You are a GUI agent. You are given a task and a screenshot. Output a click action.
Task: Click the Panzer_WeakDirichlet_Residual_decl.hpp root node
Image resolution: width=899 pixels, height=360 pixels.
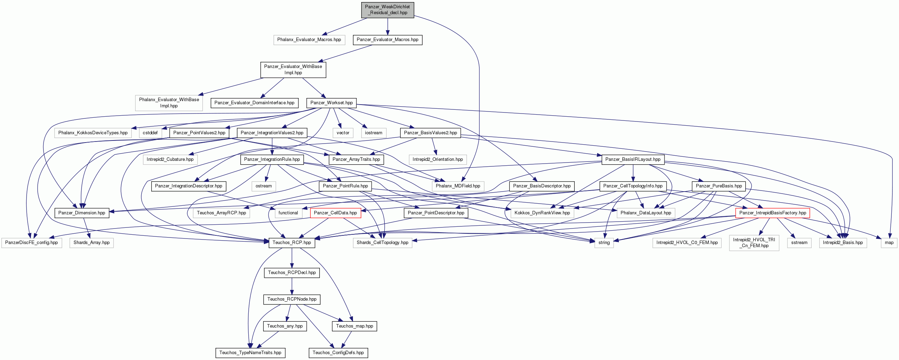[x=388, y=10]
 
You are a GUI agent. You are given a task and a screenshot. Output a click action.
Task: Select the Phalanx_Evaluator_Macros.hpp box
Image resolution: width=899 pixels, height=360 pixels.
[x=309, y=40]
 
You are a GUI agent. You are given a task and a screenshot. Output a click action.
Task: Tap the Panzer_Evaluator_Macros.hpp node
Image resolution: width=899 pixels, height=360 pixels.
[x=388, y=40]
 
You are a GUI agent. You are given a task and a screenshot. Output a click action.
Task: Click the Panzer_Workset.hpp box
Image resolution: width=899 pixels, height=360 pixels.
[x=331, y=103]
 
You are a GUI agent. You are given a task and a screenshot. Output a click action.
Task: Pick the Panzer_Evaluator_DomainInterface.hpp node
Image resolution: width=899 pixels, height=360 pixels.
[x=255, y=103]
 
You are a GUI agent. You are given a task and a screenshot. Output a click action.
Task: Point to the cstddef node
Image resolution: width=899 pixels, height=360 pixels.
[x=150, y=133]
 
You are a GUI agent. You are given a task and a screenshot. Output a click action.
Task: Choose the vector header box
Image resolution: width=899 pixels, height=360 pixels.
[x=343, y=133]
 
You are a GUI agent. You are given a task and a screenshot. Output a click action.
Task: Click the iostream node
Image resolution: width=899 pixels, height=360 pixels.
[x=373, y=133]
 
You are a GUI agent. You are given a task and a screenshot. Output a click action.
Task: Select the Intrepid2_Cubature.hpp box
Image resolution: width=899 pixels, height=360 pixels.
[x=170, y=159]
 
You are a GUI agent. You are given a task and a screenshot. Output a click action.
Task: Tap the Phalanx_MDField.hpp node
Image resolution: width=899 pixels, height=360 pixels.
[x=458, y=186]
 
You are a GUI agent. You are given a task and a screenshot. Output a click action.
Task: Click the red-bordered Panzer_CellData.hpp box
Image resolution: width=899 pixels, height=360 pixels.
[x=335, y=213]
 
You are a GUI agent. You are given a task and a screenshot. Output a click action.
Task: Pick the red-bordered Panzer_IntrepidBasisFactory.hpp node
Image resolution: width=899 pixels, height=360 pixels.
[x=773, y=213]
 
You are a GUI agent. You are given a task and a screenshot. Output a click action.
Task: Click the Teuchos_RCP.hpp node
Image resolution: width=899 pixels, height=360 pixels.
[x=292, y=243]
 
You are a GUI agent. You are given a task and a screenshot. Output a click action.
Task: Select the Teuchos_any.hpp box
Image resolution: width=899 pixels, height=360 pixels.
[x=285, y=326]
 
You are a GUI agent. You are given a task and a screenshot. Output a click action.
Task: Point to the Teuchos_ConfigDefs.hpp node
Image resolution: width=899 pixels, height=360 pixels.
[x=338, y=353]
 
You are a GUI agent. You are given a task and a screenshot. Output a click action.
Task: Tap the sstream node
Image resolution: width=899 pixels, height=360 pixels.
[x=799, y=243]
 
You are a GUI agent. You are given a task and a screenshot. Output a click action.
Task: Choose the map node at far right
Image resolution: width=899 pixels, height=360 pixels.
[x=889, y=243]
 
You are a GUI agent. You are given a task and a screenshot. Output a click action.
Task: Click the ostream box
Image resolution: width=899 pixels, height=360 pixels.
[x=264, y=186]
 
